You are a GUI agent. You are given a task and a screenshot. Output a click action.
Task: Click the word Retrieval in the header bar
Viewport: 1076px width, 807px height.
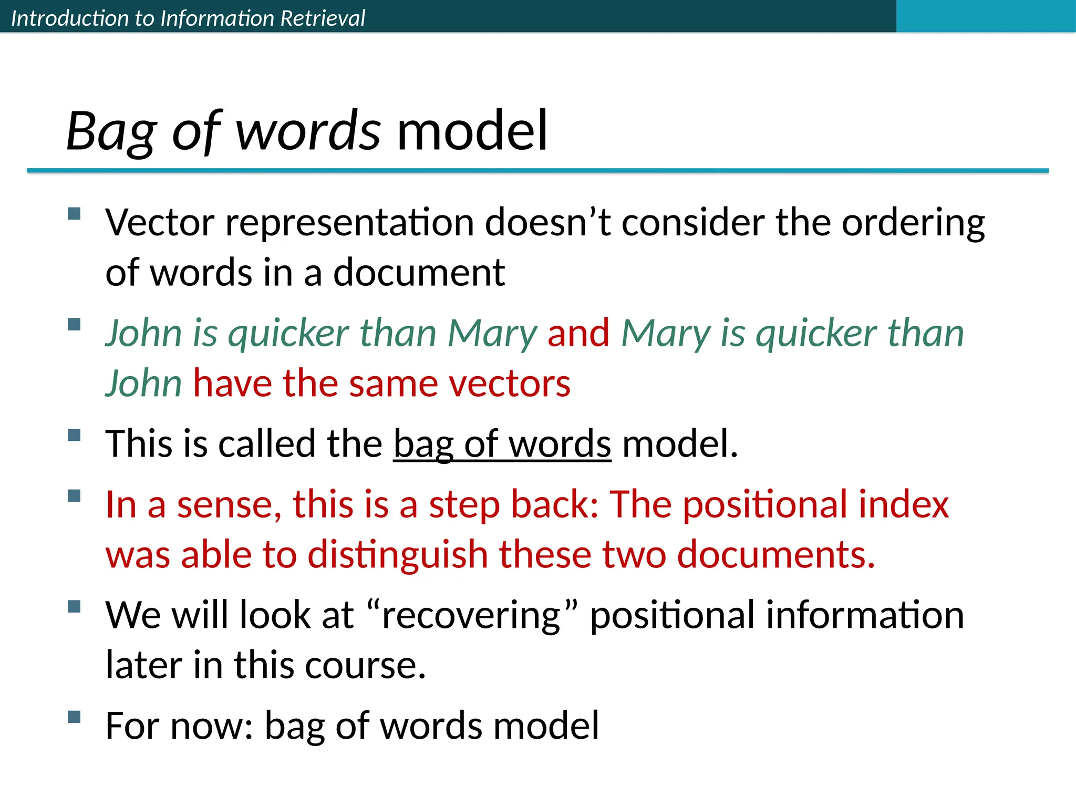(322, 18)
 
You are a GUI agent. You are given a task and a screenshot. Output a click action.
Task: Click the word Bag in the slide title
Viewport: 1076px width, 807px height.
(111, 131)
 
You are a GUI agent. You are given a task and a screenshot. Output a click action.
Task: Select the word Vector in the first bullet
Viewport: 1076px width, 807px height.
(159, 223)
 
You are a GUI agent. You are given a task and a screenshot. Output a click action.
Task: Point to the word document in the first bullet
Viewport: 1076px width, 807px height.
(419, 273)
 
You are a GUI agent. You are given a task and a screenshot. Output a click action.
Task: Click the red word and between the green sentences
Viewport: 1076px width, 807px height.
(578, 334)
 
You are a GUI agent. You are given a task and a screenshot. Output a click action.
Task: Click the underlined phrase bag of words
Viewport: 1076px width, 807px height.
(502, 444)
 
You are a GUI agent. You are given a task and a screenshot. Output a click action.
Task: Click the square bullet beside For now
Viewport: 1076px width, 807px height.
(74, 717)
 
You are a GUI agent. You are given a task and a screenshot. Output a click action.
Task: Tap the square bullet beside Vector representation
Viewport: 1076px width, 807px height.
(74, 213)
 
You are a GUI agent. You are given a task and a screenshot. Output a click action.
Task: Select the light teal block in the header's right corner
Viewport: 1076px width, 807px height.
(985, 16)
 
